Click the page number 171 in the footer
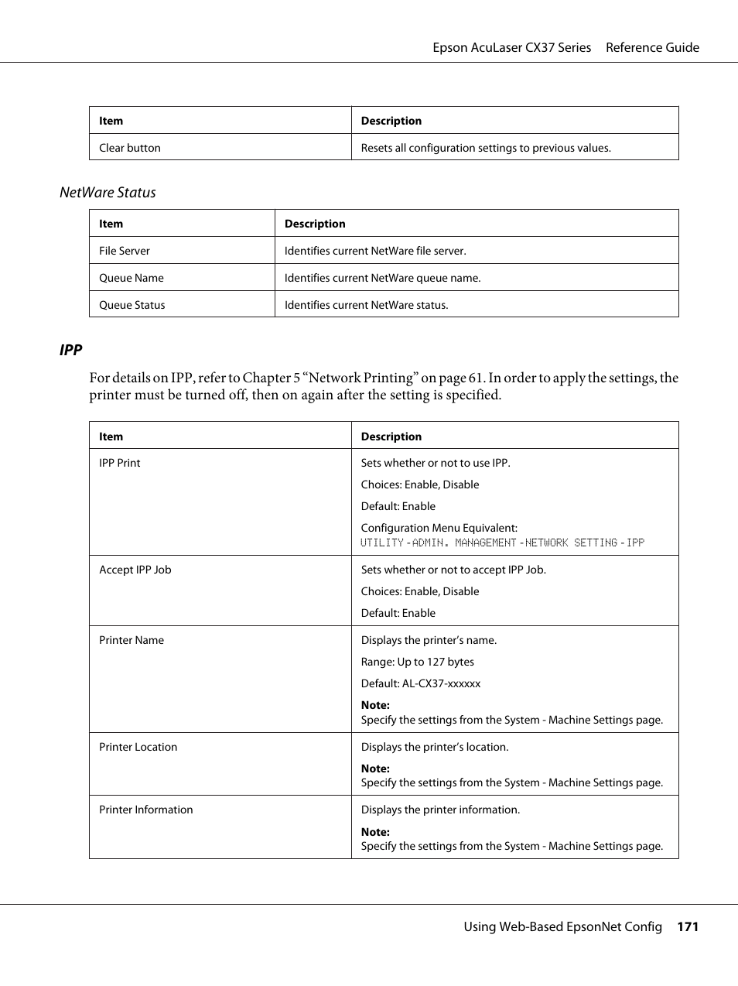point(687,926)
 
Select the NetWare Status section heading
point(108,193)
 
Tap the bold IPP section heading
point(70,350)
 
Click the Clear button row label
point(130,148)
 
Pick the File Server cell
point(125,251)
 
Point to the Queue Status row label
point(132,305)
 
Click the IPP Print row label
point(120,463)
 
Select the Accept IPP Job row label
point(135,570)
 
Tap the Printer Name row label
point(132,640)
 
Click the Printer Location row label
point(138,747)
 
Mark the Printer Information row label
point(146,810)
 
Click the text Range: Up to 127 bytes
point(418,662)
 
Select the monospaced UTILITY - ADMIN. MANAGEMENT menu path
point(502,543)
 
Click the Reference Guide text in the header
point(652,47)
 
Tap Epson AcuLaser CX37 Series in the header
point(511,47)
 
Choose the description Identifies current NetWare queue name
point(382,278)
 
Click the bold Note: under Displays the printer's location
point(375,769)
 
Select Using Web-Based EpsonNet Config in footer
point(562,926)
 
